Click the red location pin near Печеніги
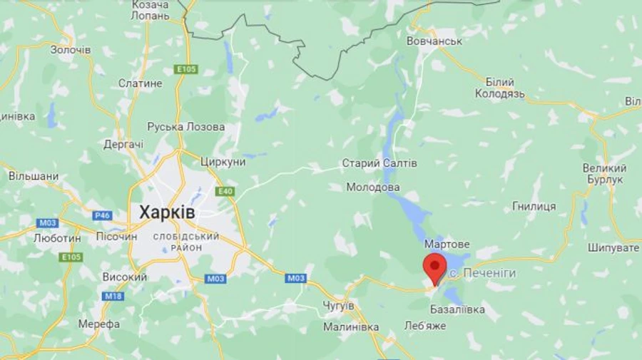tap(434, 267)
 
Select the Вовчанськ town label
tap(434, 41)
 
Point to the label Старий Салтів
tap(379, 164)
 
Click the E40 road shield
tap(225, 191)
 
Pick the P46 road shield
tap(102, 215)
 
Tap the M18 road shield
tap(113, 296)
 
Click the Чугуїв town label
tap(338, 305)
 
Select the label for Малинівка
tap(351, 327)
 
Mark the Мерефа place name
tap(99, 324)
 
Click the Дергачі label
tap(123, 144)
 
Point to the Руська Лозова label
tap(186, 127)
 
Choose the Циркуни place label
tap(223, 162)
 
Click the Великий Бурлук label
tap(604, 174)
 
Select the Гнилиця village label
tap(534, 206)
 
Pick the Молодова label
tap(373, 187)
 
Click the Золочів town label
tap(71, 50)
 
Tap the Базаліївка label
tap(458, 309)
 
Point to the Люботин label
tap(57, 238)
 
